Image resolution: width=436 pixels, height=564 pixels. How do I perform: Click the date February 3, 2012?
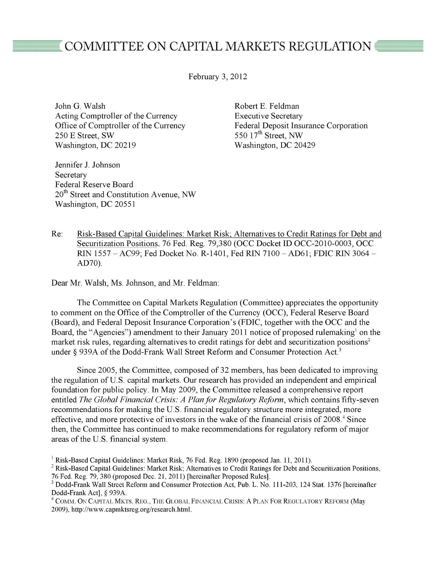(218, 77)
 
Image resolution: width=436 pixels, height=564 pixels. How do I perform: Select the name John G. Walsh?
(80, 106)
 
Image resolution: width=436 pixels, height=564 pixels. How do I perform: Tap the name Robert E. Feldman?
(267, 106)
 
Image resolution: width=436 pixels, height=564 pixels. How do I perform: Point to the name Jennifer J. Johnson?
(87, 165)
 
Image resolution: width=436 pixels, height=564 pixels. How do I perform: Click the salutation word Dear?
(59, 283)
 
